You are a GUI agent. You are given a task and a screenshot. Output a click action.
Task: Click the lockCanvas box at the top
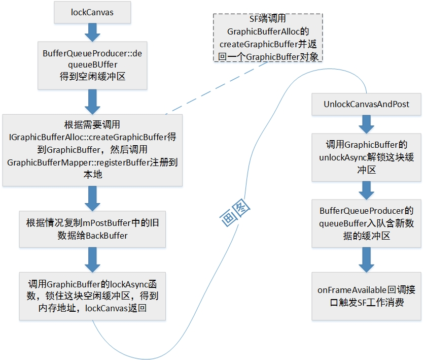pos(92,12)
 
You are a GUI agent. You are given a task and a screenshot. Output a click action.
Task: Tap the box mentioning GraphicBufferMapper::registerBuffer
pos(92,149)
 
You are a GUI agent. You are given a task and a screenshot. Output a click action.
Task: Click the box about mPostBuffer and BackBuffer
pos(92,229)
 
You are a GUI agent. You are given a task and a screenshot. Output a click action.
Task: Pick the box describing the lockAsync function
pos(92,296)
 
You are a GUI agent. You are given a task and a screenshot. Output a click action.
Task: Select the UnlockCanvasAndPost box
pos(366,104)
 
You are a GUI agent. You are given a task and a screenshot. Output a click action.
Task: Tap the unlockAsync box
pos(367,157)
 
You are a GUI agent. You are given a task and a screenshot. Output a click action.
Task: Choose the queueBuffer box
pos(367,223)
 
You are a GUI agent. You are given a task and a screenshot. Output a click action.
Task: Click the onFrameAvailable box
pos(367,297)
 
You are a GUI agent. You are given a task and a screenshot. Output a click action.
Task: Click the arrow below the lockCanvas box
pos(92,31)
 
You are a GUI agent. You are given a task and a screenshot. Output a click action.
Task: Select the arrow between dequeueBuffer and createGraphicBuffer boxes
pos(92,102)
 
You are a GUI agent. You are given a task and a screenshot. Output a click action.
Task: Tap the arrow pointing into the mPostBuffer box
pos(92,198)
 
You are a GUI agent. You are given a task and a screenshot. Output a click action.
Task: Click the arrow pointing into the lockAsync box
pos(92,259)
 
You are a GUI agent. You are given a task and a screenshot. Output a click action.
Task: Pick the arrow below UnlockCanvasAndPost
pos(367,123)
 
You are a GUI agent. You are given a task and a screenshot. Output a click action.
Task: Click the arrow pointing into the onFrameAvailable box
pos(367,260)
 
